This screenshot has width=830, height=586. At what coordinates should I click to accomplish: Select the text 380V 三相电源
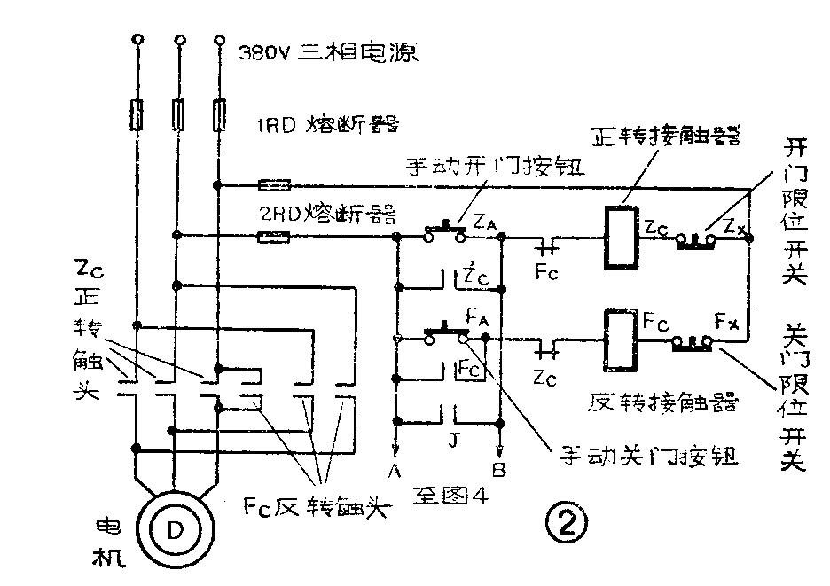tap(329, 52)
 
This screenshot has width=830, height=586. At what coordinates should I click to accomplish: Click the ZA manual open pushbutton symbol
tap(446, 233)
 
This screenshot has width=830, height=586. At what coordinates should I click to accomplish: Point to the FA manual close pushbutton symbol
tap(446, 334)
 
